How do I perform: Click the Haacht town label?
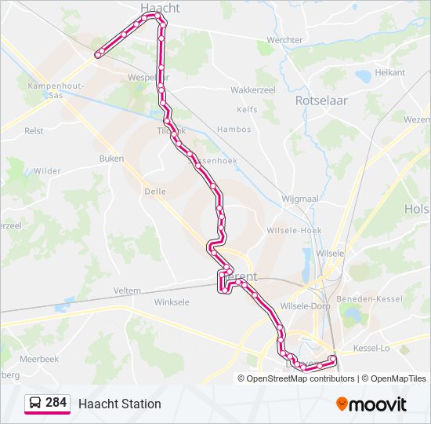(x=160, y=7)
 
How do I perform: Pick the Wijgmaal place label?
(x=299, y=199)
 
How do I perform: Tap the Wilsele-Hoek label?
(x=295, y=230)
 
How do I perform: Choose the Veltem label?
(x=127, y=291)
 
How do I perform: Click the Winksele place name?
(x=172, y=302)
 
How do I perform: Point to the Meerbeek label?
(x=39, y=359)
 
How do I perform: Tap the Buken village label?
(x=111, y=159)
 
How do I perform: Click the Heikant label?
(x=389, y=72)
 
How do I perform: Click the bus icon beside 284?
(x=34, y=404)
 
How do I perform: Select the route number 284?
(x=56, y=403)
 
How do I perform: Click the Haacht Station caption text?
(x=119, y=404)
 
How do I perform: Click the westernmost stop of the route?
(x=99, y=54)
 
